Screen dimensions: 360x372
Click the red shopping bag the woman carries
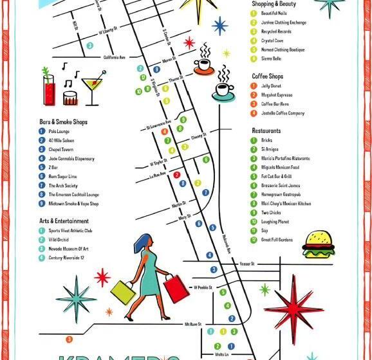(176, 289)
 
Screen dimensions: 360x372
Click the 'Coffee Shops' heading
(267, 76)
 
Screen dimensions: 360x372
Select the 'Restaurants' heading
(266, 130)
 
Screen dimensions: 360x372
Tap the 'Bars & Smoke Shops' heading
(63, 122)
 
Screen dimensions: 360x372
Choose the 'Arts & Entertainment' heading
(65, 221)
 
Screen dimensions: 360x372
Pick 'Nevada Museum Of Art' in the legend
(69, 248)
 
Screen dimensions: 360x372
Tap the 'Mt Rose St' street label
(192, 324)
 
